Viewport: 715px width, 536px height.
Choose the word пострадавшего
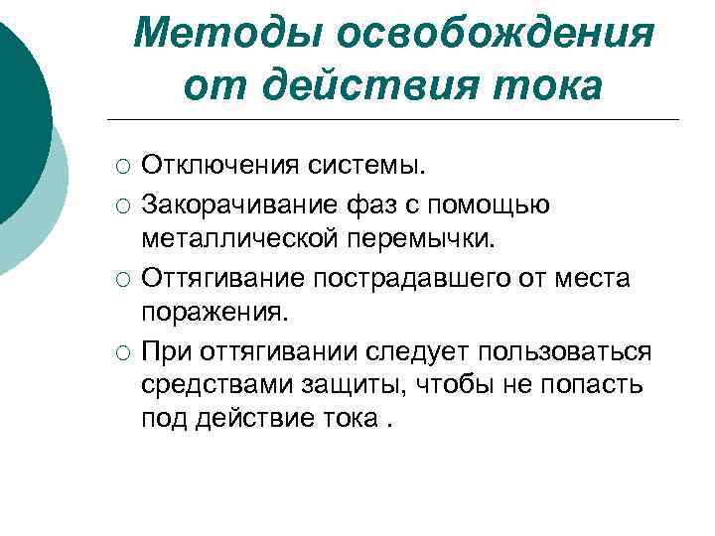point(400,279)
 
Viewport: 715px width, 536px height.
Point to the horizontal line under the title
point(397,120)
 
